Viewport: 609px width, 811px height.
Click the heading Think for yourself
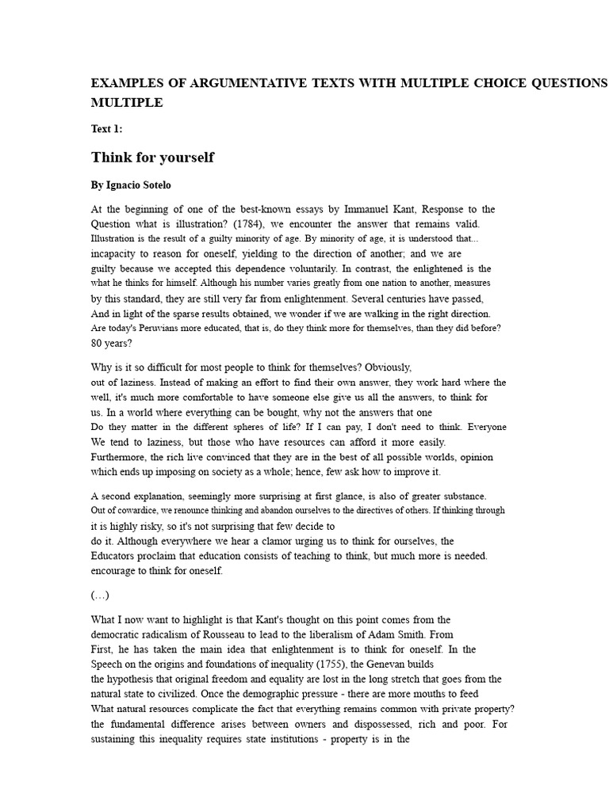point(153,157)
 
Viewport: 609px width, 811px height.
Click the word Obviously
point(386,367)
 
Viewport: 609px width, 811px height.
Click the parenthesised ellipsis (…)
point(100,595)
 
